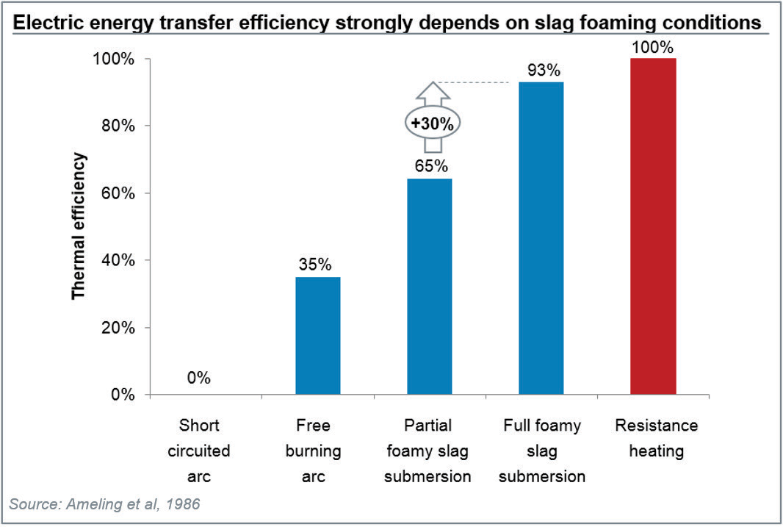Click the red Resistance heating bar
click(653, 226)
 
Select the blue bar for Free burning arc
click(318, 335)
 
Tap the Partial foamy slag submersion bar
click(430, 287)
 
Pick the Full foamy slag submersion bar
click(541, 238)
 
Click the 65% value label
click(430, 166)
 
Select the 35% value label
click(317, 265)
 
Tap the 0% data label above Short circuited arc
click(199, 379)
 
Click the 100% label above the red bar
click(653, 47)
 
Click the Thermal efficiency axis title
click(79, 226)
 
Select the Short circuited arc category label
click(199, 451)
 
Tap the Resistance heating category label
click(656, 438)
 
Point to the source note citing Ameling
click(104, 504)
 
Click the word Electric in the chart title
click(49, 23)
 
